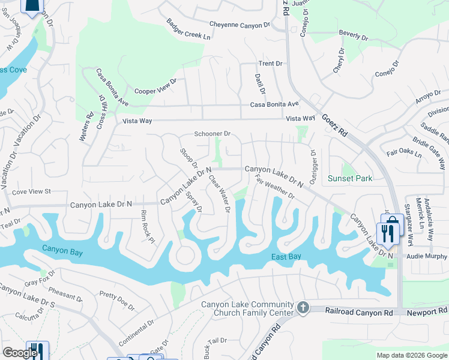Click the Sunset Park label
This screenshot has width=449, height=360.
(x=350, y=178)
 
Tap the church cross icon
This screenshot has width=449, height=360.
(x=303, y=308)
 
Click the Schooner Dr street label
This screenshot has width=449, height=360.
(x=212, y=134)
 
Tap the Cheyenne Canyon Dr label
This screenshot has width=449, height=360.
(x=240, y=25)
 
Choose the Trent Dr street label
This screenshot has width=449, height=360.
(x=270, y=64)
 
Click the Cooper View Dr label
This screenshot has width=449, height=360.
(x=156, y=87)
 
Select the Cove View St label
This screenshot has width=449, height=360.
(x=32, y=191)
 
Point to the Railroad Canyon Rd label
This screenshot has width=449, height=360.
(x=359, y=312)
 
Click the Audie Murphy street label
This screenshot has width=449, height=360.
(x=427, y=256)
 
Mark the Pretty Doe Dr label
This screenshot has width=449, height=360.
(x=117, y=301)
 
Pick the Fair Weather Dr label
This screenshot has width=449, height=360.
(x=275, y=187)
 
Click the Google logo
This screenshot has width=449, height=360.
(x=19, y=353)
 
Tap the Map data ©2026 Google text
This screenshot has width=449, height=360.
(x=411, y=355)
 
